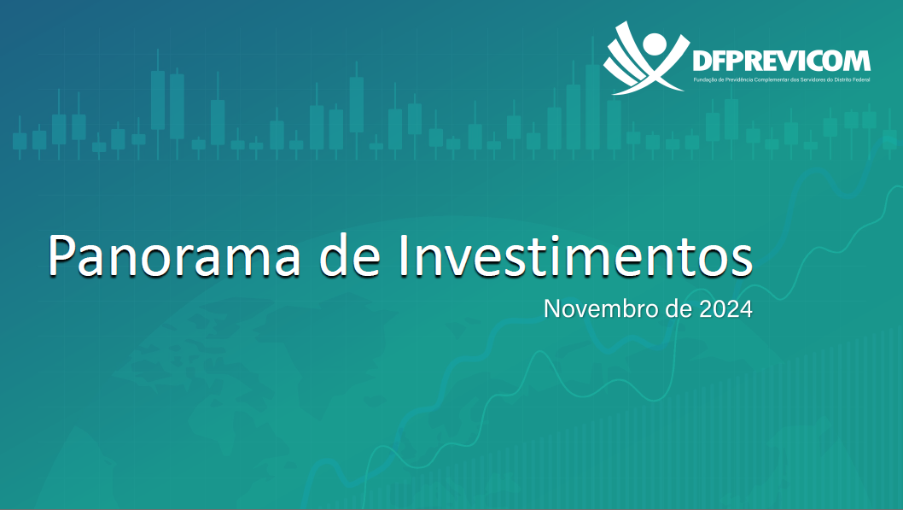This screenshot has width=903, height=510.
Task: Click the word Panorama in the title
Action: [174, 255]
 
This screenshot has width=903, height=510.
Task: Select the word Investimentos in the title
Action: [575, 255]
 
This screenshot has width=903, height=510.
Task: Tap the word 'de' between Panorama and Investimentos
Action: [350, 255]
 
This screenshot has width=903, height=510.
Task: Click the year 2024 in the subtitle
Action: [725, 309]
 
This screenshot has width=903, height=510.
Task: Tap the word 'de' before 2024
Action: [679, 309]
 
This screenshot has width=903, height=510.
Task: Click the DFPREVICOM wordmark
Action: [781, 61]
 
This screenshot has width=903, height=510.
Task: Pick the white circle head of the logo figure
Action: [655, 44]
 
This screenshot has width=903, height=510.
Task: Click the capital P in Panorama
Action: [62, 256]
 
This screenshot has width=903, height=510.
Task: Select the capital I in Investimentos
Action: [403, 256]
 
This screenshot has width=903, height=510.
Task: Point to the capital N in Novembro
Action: [552, 309]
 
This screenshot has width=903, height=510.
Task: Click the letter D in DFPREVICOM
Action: [702, 61]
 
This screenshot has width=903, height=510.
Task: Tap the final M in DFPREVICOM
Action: [858, 61]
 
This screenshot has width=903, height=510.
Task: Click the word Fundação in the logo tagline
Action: [705, 79]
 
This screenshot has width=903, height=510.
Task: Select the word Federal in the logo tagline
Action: [861, 79]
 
